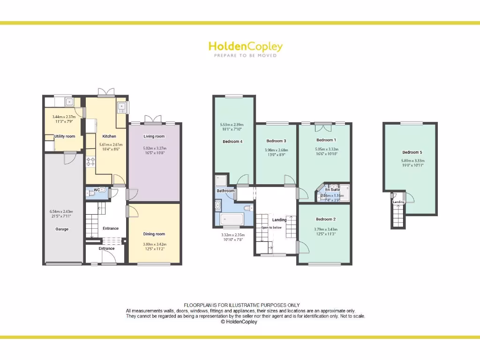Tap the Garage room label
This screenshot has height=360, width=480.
(62, 229)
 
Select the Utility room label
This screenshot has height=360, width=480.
(65, 136)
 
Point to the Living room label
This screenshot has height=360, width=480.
(154, 136)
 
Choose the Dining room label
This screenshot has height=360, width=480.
(154, 234)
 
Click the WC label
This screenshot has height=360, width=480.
(97, 190)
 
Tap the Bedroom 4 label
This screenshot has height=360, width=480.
(232, 141)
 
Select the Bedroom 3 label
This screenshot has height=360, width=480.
(276, 141)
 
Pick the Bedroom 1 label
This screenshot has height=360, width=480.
(326, 140)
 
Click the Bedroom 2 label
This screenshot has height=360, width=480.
(325, 219)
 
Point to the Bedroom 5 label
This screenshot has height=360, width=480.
(412, 152)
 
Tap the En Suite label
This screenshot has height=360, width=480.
(333, 189)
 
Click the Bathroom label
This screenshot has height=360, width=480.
(225, 191)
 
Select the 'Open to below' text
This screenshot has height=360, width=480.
(271, 227)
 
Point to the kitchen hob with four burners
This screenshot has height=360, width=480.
(90, 163)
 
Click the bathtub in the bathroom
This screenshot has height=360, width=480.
(232, 219)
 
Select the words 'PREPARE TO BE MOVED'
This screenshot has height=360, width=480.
(245, 55)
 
